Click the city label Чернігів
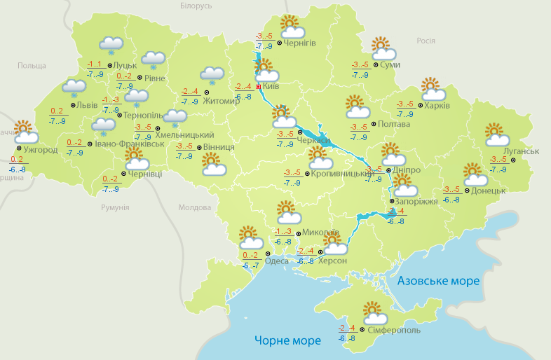coord(300,43)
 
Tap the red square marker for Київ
coord(259,87)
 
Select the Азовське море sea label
coord(438,281)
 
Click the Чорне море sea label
coord(287,340)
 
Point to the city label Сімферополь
coord(394,329)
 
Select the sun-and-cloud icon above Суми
coord(382,48)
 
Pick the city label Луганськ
coord(521,151)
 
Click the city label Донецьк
coord(489,191)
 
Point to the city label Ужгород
coord(40,150)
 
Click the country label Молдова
coord(194,208)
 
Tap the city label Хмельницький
coord(184,134)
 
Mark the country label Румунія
coord(115,208)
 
